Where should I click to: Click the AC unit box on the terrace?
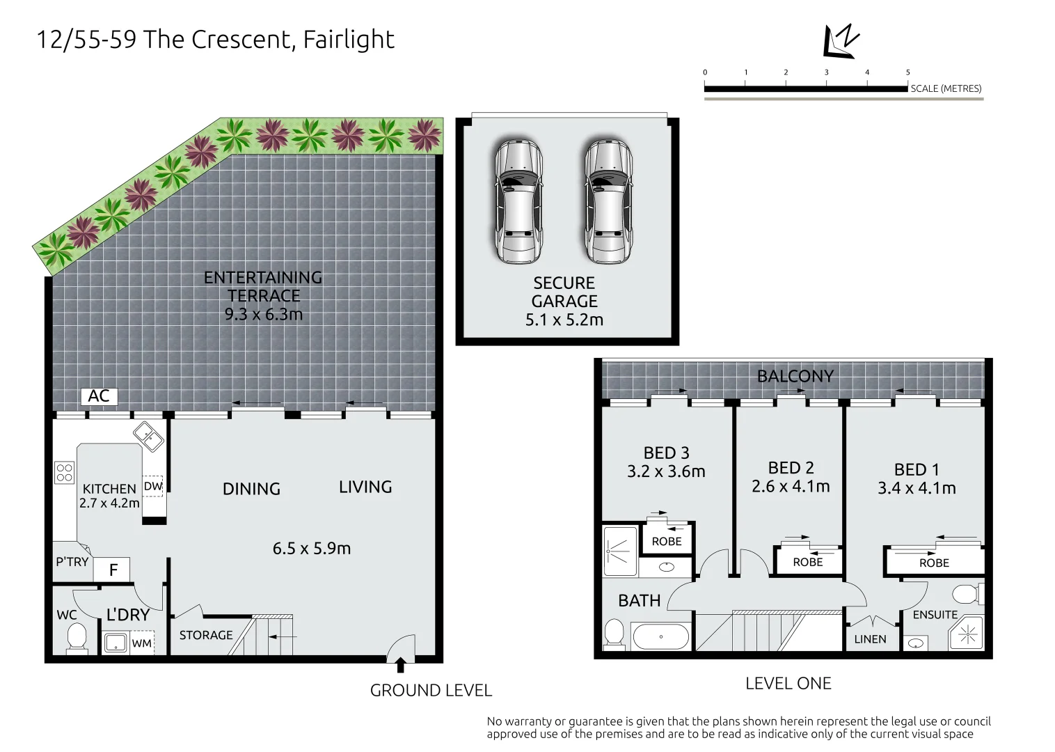coord(99,396)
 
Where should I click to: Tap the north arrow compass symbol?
coord(841,41)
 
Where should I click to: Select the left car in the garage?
coord(518,201)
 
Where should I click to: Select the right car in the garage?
coord(608,201)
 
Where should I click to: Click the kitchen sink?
coord(148,437)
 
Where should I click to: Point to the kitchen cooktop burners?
coord(65,473)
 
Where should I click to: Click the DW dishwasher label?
coord(153,486)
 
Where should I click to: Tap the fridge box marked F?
coord(112,570)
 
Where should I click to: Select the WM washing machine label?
coord(142,643)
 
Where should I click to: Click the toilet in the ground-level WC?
coord(77,637)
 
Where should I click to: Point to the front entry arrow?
coord(400,666)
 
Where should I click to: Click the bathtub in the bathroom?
coord(660,636)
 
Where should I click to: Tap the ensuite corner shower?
coord(967,634)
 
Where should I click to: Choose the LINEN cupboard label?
coord(870,639)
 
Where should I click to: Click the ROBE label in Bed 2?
coord(808,562)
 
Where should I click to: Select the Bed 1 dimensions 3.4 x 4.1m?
coord(917,488)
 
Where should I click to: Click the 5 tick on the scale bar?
coord(907,72)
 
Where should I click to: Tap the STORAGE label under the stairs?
coord(206,635)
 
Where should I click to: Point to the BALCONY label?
coord(795,377)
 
